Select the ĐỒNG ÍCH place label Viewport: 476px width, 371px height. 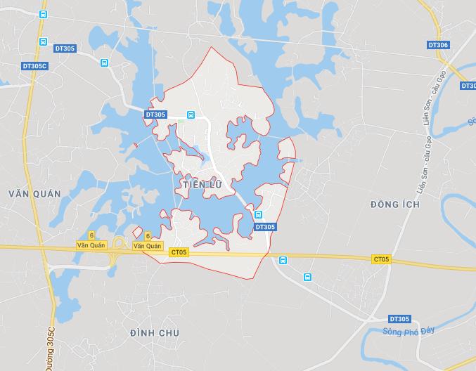[x=394, y=204]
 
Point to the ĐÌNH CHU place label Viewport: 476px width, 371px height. [x=155, y=332]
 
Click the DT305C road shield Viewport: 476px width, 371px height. [x=34, y=66]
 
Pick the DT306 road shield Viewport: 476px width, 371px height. [x=438, y=45]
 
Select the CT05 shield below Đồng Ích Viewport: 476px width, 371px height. [x=381, y=259]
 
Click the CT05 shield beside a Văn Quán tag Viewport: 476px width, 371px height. [x=179, y=252]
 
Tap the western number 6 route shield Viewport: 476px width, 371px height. [x=91, y=235]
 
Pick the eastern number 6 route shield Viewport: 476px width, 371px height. [x=148, y=236]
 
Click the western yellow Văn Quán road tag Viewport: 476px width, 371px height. [x=91, y=245]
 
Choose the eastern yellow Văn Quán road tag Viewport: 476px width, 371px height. [x=148, y=246]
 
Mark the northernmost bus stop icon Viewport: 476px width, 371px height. [x=43, y=14]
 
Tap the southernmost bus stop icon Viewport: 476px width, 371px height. [x=307, y=278]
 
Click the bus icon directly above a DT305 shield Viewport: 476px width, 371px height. [x=258, y=215]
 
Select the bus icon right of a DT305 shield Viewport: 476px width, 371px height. [x=191, y=115]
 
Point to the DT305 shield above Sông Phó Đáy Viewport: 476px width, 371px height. [x=399, y=318]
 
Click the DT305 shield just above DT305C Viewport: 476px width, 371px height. [x=65, y=48]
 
